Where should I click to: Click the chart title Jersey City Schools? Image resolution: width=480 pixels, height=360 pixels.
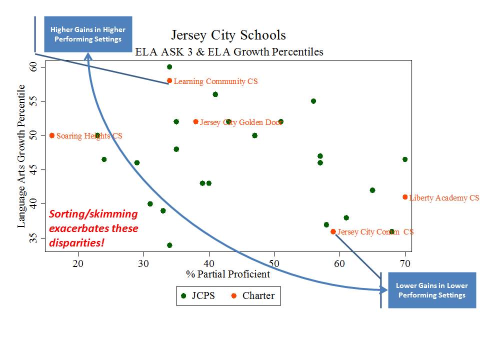[228, 35]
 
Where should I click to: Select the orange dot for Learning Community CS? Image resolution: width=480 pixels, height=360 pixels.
[169, 80]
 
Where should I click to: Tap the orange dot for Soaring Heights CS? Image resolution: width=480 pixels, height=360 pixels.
[52, 135]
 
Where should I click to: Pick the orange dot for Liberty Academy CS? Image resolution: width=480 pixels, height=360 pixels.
[405, 197]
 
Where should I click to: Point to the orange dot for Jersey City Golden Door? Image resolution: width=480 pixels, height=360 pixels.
[195, 122]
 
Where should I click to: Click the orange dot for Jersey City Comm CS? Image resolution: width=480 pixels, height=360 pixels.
[333, 231]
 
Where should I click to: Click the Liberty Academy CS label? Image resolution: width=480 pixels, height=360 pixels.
[444, 198]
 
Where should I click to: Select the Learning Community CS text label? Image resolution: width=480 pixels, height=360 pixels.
[215, 81]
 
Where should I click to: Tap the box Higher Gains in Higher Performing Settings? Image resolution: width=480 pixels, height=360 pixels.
[88, 34]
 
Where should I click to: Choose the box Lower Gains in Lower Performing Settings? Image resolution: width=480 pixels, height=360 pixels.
[432, 290]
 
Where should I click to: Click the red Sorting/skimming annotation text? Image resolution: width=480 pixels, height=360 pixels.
[93, 228]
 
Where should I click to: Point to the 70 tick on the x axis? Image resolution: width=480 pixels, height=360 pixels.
[405, 263]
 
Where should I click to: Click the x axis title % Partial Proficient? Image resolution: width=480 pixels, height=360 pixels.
[228, 274]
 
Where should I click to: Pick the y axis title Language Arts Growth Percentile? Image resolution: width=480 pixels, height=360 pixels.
[21, 156]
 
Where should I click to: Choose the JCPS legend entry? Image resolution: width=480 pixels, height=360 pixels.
[199, 295]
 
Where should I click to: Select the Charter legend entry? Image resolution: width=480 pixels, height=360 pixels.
[253, 295]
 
